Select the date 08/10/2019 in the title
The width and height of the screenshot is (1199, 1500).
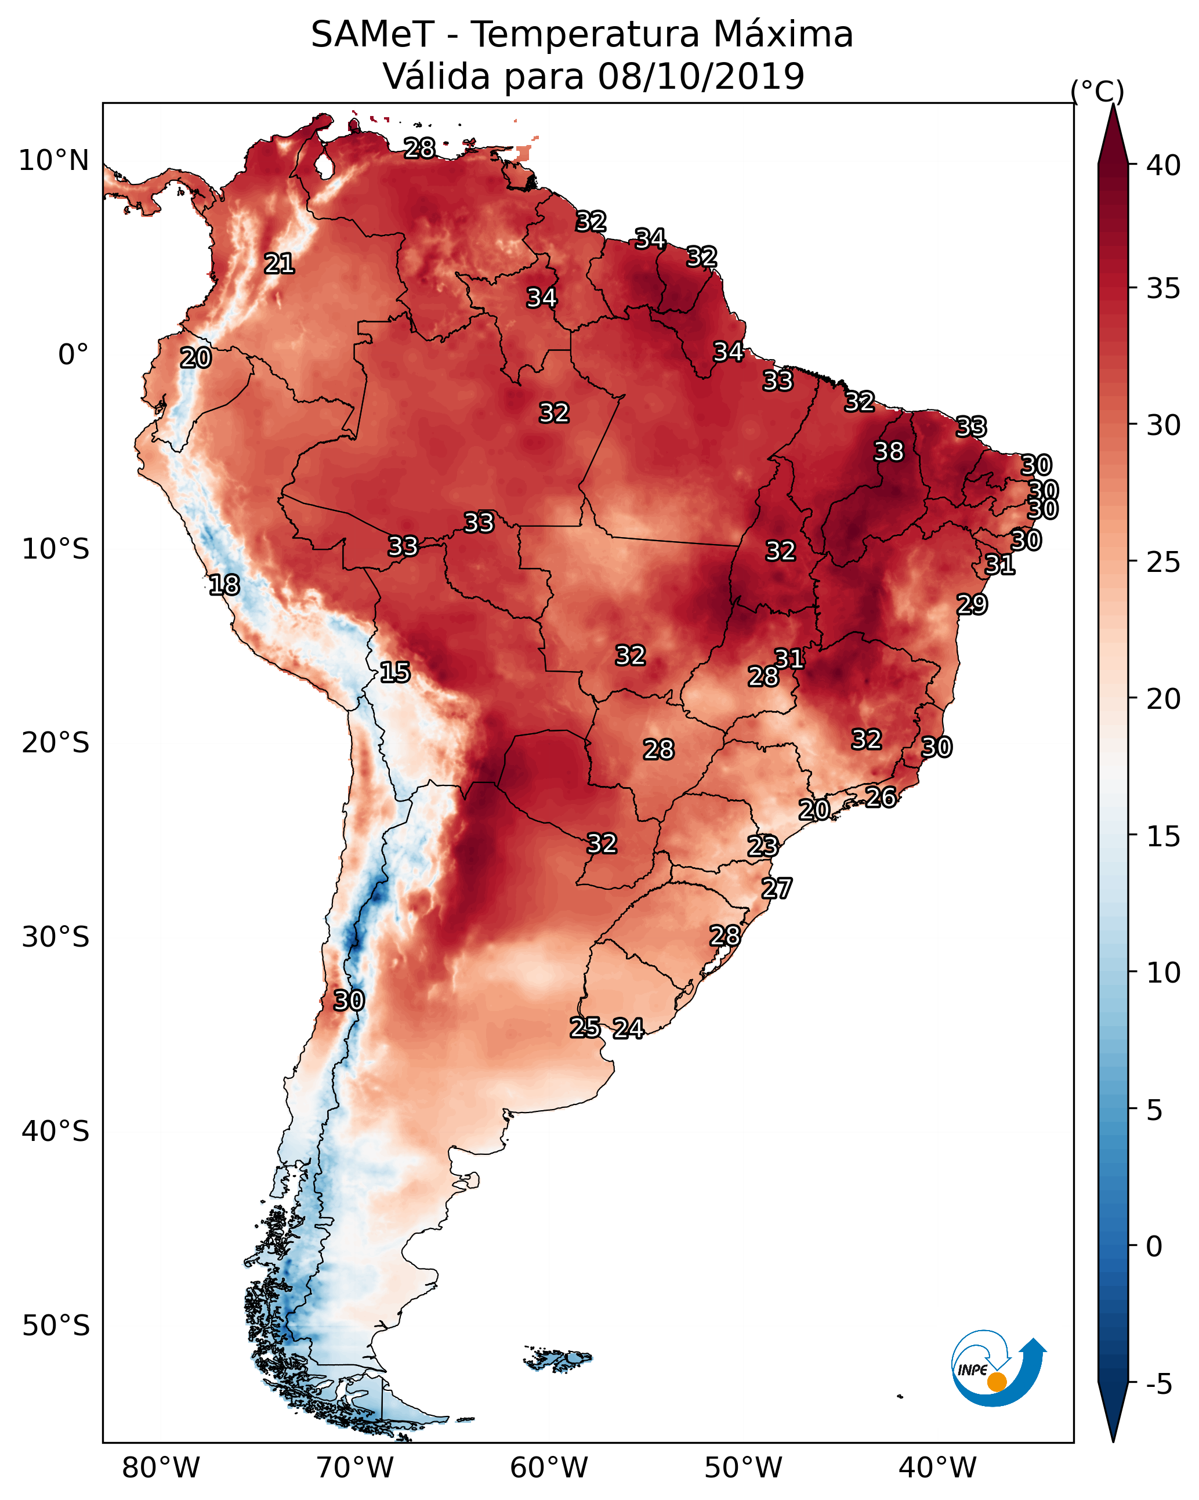701,77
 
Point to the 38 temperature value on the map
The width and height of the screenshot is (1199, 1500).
889,451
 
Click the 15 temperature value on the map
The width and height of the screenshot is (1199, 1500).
394,672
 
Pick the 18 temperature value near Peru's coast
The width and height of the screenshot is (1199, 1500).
224,585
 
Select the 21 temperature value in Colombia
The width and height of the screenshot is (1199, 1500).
279,264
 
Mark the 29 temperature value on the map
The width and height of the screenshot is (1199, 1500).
972,604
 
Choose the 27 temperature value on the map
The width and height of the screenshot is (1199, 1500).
776,889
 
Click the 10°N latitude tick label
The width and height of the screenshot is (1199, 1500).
53,161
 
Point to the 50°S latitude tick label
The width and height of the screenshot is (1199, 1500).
56,1326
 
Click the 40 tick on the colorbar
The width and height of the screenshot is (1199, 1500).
1164,165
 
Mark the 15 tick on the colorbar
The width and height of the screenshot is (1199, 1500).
1164,836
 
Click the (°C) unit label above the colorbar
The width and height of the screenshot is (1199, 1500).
1097,91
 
